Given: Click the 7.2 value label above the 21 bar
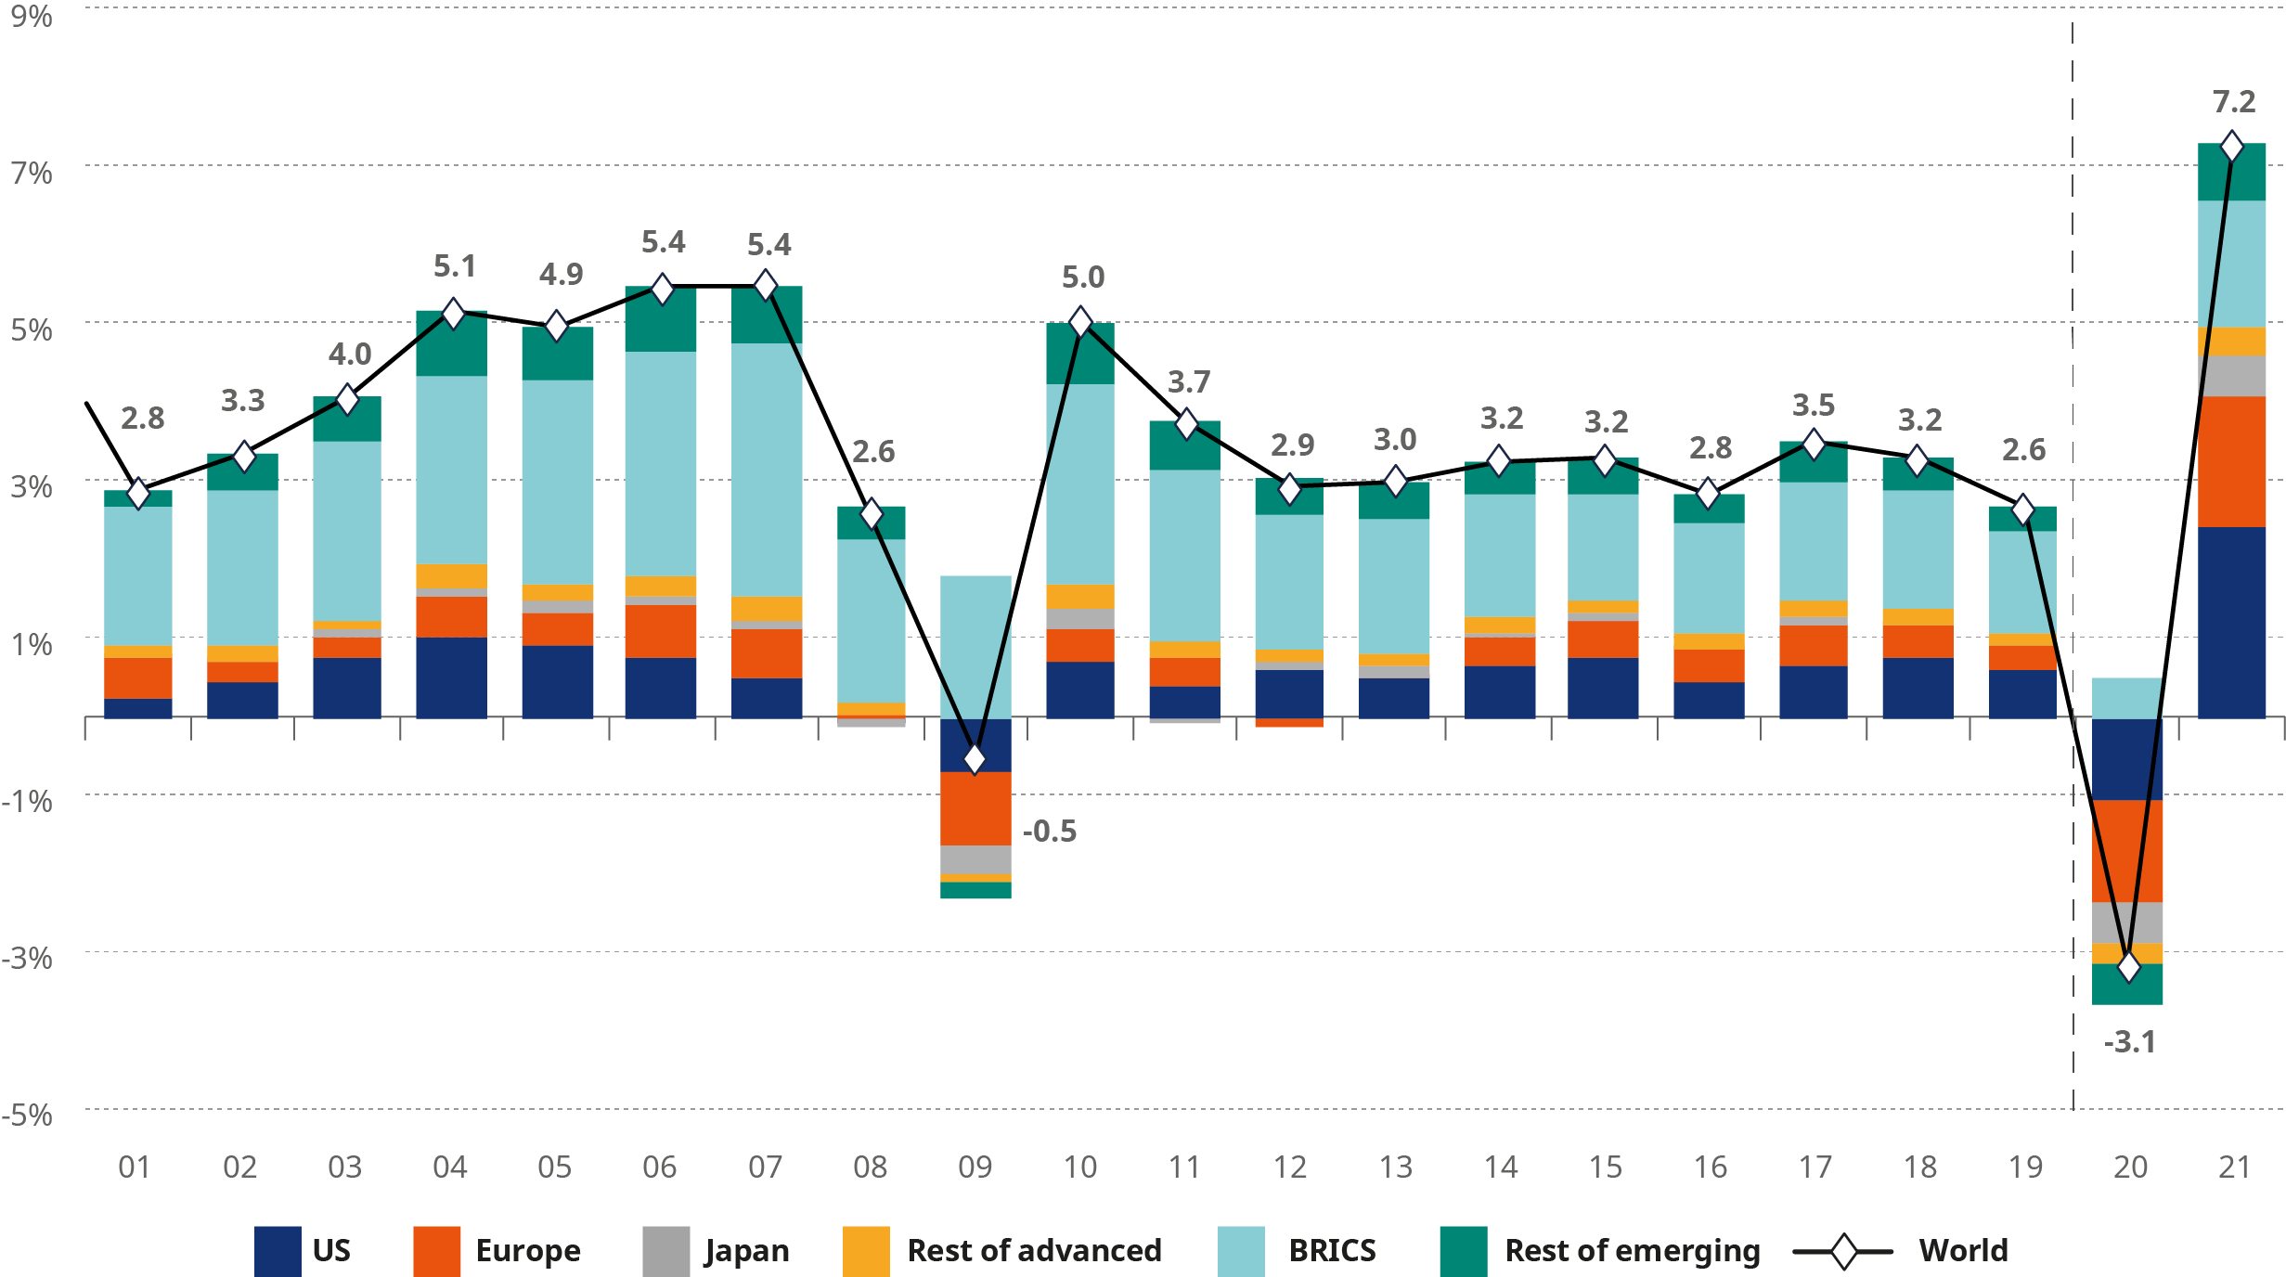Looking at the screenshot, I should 2233,102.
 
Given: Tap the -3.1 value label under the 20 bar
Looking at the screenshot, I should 2129,1042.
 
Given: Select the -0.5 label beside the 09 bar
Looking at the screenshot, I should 1050,831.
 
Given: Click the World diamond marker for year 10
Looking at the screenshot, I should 1080,322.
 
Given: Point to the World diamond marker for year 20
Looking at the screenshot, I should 2128,967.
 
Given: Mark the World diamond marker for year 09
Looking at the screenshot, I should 975,758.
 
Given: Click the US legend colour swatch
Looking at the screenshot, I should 278,1251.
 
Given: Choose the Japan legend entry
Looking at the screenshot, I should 746,1251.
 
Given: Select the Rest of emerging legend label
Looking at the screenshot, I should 1632,1251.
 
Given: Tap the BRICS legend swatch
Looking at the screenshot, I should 1241,1251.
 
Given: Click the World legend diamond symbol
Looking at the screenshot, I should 1843,1251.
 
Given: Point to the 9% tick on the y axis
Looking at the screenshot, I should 32,16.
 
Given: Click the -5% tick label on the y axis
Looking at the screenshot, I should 28,1114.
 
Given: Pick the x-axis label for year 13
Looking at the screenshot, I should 1395,1167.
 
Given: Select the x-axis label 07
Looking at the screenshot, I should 766,1167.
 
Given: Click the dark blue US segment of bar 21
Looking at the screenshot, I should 2231,622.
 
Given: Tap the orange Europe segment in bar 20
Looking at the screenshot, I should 2127,850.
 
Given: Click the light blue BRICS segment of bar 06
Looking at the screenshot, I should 660,464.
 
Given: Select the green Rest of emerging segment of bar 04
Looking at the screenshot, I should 451,343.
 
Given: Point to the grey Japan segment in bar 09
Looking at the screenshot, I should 975,859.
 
